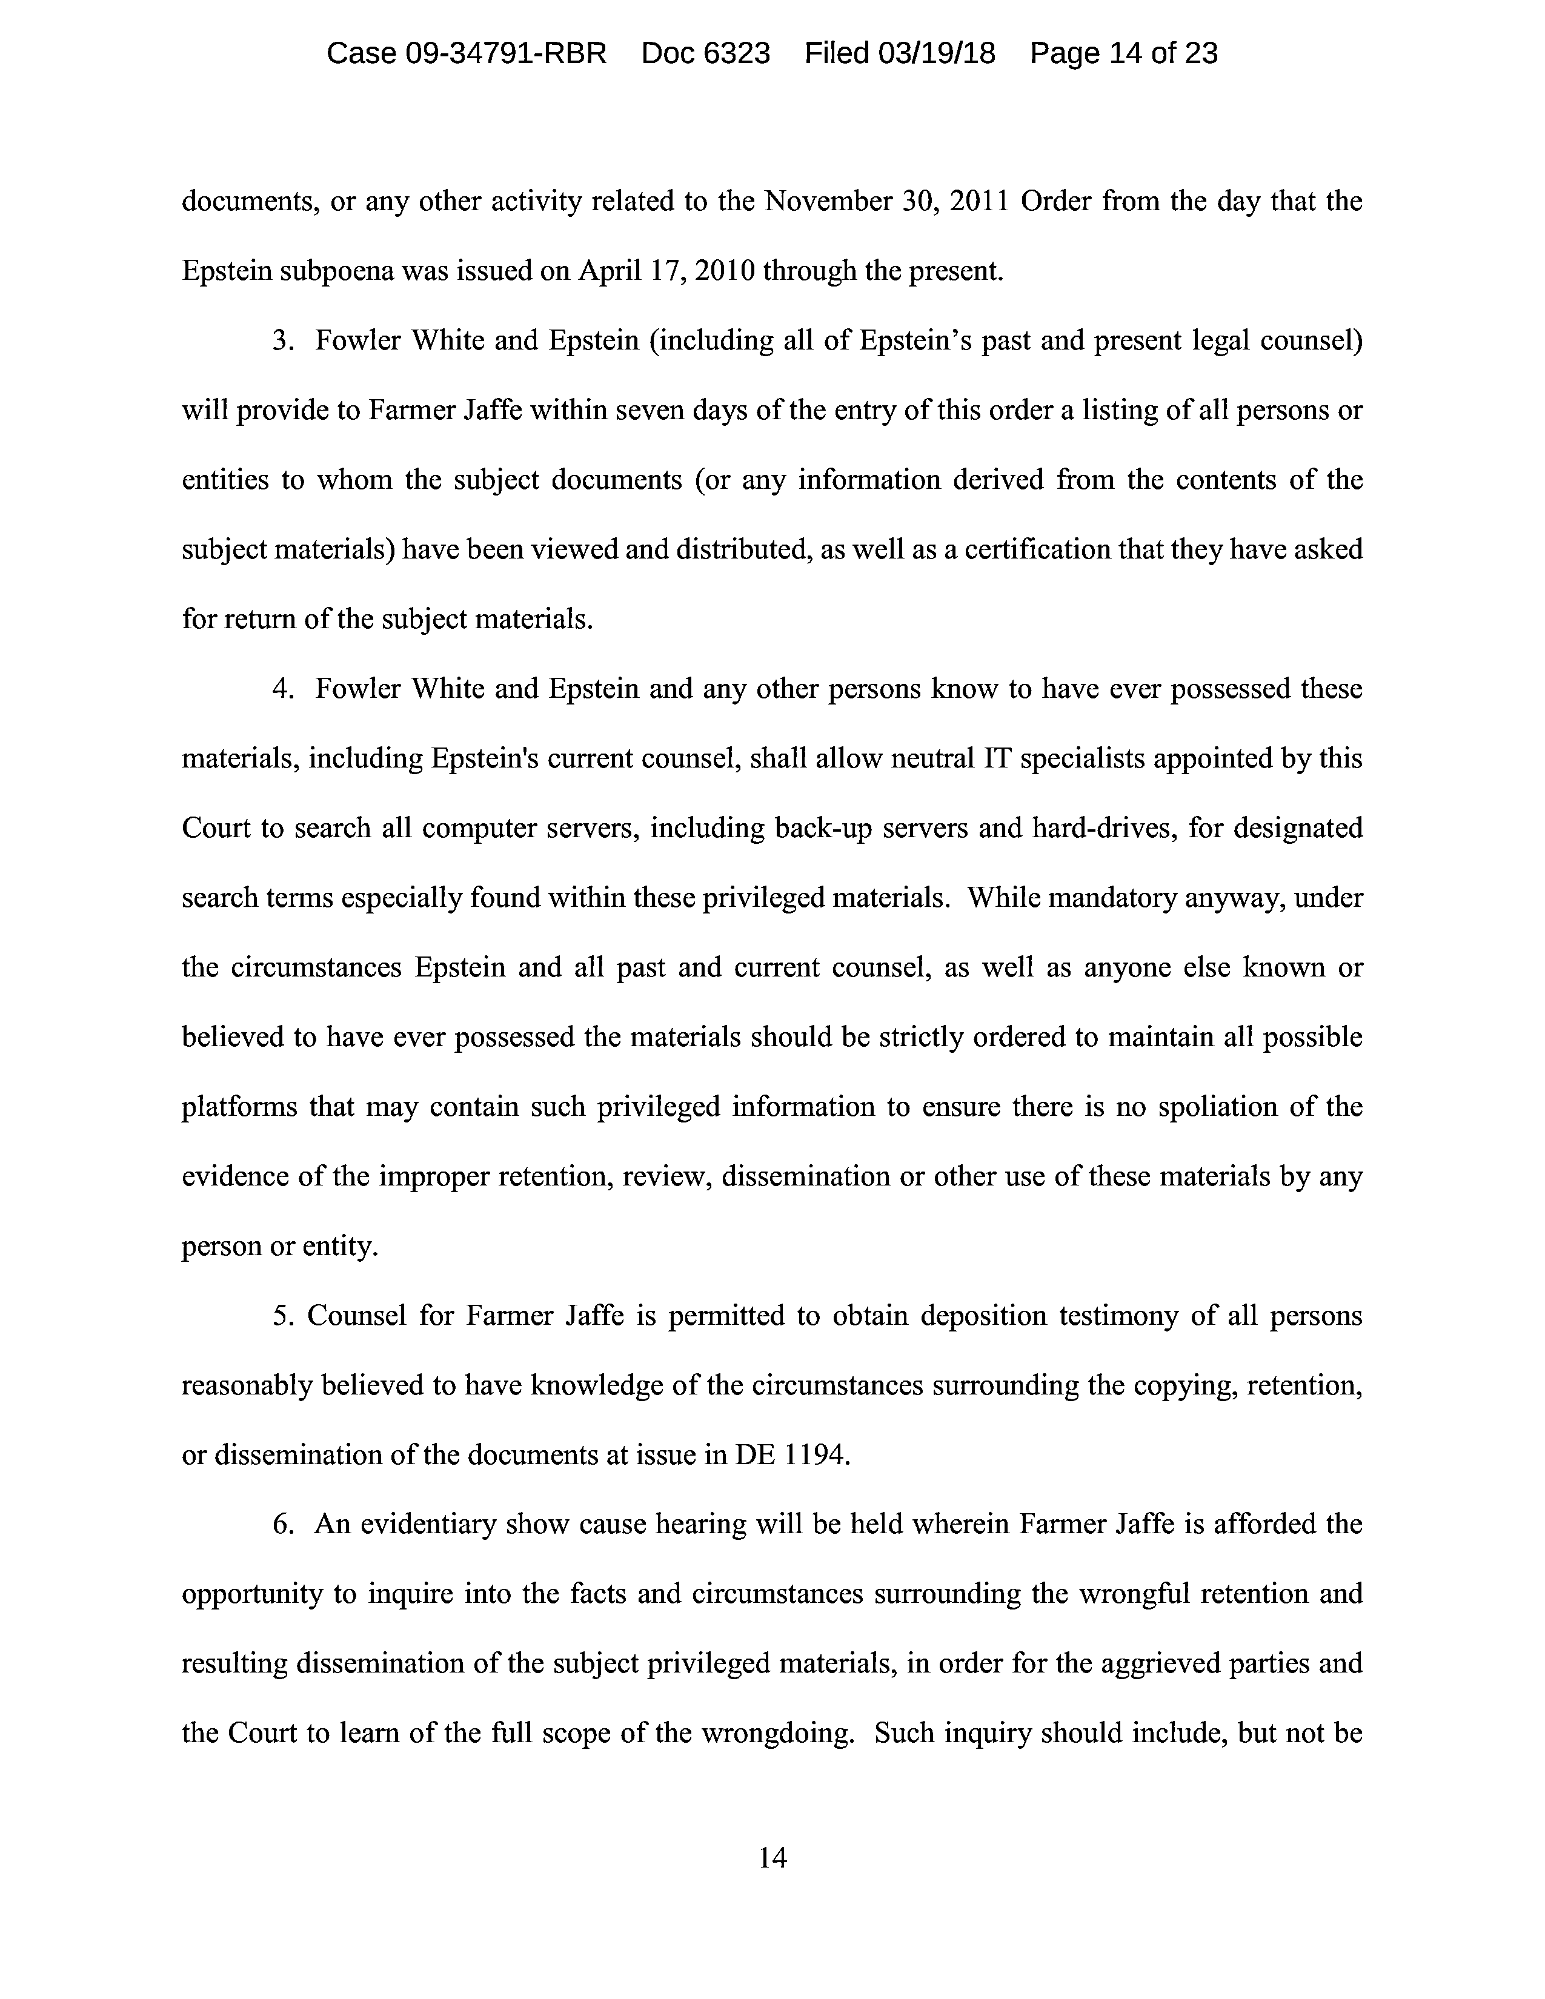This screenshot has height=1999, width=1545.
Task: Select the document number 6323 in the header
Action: tap(737, 54)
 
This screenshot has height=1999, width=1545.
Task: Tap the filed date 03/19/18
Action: tap(936, 54)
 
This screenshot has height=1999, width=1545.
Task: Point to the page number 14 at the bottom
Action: tap(772, 1857)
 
